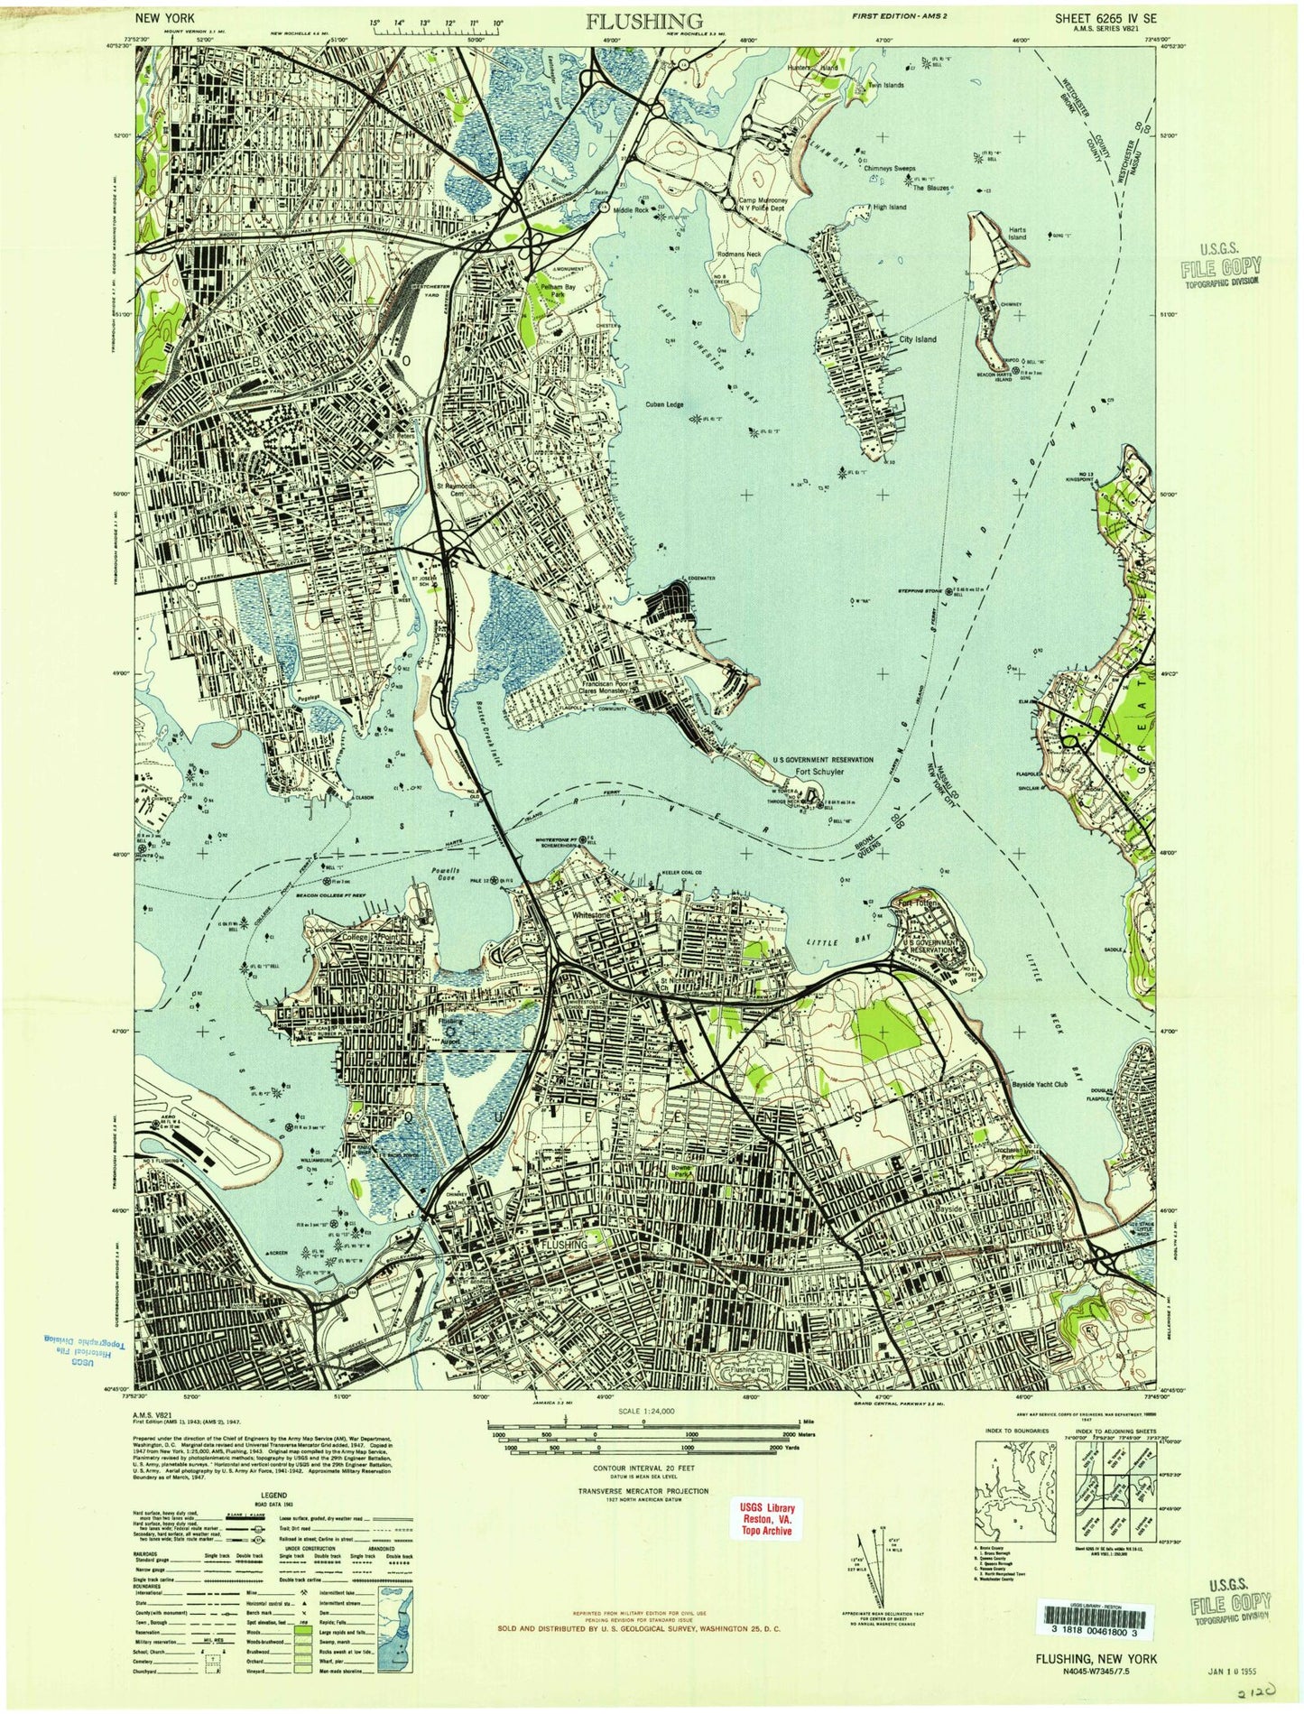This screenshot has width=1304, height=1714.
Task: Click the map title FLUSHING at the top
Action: click(644, 22)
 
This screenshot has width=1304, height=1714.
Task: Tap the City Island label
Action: click(913, 339)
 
